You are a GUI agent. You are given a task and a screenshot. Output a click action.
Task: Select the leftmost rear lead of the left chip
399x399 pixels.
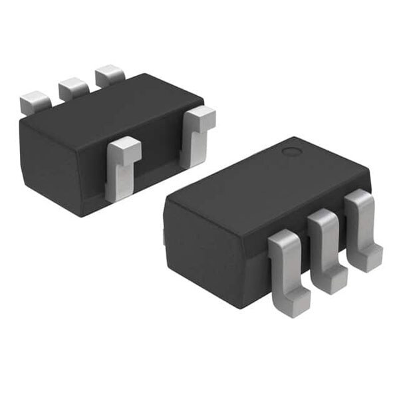tap(35, 102)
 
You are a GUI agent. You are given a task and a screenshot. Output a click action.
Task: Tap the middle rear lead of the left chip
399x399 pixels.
tap(73, 88)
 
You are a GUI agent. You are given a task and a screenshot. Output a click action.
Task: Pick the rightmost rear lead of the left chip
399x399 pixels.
tap(110, 76)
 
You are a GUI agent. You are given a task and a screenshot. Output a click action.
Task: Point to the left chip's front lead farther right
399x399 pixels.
tap(196, 133)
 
